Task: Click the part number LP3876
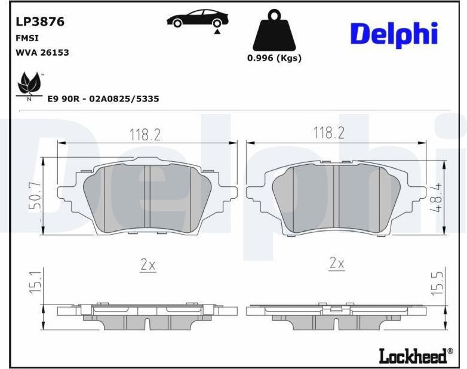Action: click(40, 21)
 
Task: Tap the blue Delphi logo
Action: click(394, 35)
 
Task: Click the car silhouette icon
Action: click(198, 19)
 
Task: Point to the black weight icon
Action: click(274, 30)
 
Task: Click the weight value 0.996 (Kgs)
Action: click(274, 58)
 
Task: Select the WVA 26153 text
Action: click(42, 53)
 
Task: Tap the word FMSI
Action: click(27, 38)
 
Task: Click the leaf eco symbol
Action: click(29, 86)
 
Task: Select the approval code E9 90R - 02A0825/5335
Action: click(103, 99)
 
